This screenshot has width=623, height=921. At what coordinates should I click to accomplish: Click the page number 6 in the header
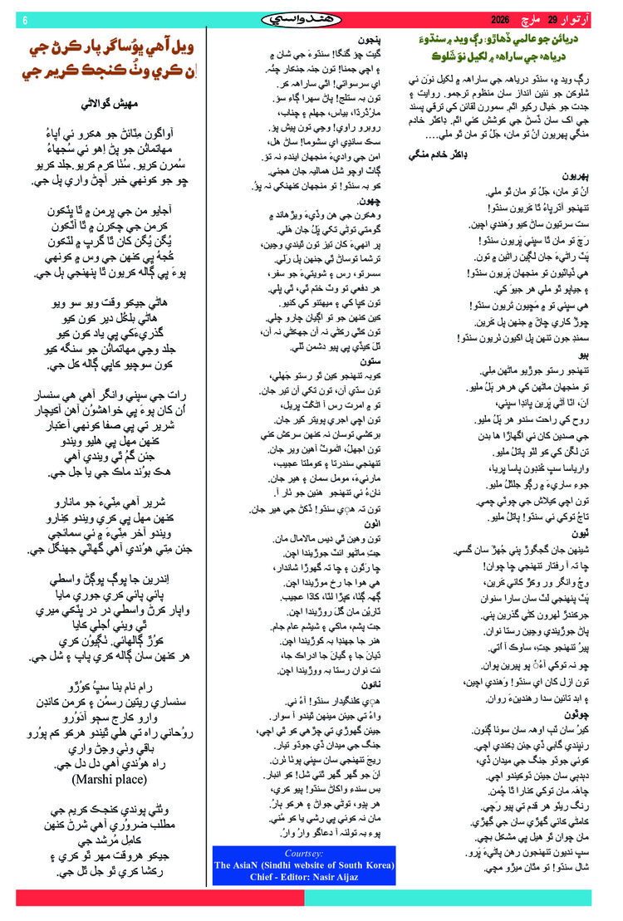coord(24,20)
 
